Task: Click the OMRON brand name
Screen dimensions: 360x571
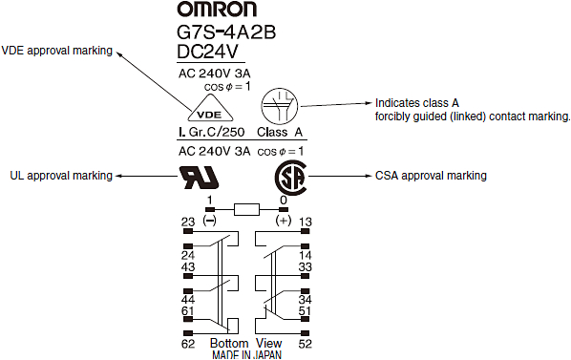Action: pos(230,11)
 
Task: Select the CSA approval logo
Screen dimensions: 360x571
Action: pos(289,177)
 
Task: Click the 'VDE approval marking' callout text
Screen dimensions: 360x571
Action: pos(57,51)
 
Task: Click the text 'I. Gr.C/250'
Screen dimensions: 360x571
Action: pos(208,133)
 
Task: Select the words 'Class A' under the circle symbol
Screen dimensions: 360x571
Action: pos(280,133)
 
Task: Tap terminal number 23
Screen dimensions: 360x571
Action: pos(188,222)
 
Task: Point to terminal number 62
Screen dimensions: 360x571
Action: pos(188,343)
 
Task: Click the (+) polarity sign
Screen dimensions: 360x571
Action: pos(283,221)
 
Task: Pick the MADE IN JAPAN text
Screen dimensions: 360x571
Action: pos(245,354)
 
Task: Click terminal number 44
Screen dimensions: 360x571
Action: pos(188,301)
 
